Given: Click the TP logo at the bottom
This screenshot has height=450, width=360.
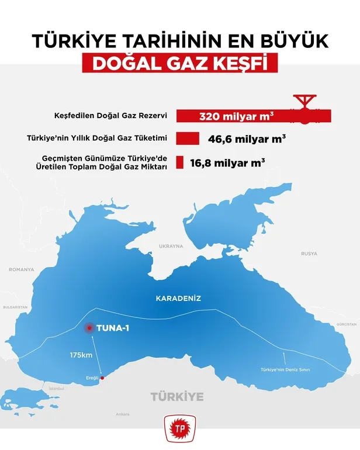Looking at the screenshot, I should (179, 428).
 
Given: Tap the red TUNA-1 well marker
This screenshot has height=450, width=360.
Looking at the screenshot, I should (89, 329).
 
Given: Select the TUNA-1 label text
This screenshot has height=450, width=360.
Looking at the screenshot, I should (113, 329).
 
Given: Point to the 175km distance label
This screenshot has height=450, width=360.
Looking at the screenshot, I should (81, 354).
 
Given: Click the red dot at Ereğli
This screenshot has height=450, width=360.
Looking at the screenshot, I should (103, 378).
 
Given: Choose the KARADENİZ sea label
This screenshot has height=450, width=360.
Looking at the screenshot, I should (178, 299).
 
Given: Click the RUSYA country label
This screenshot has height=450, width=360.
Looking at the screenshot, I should (309, 254).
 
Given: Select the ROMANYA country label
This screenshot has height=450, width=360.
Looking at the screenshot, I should (22, 269).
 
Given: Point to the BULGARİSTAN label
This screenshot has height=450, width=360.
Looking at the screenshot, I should (16, 307).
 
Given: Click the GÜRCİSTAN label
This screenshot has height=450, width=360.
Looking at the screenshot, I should (346, 324).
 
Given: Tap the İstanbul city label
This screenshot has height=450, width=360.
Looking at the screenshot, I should (56, 388).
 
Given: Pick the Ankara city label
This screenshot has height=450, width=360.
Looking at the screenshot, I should (122, 414).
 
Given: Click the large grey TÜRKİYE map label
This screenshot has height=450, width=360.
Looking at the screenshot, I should (177, 397).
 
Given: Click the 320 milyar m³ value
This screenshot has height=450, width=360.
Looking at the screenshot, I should (237, 116).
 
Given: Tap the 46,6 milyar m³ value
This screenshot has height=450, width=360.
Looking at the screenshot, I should (247, 139).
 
